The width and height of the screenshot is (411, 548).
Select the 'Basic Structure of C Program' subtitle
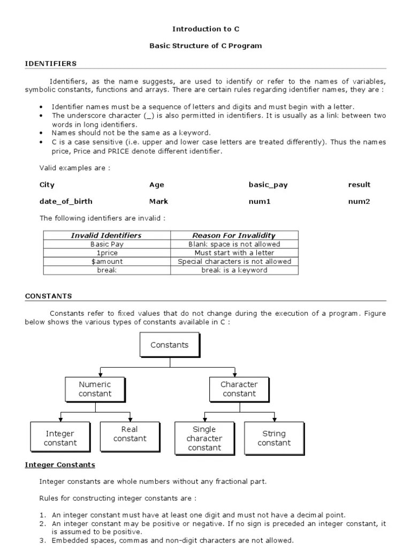[x=205, y=46]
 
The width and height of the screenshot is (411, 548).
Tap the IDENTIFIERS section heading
[x=51, y=64]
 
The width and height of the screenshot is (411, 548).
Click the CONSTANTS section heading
[x=49, y=296]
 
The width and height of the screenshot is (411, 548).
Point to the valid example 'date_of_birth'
[x=66, y=202]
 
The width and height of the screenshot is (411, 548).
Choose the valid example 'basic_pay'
[x=268, y=185]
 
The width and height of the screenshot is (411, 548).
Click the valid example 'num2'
[x=359, y=202]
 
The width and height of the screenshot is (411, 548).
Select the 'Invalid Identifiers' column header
[x=106, y=235]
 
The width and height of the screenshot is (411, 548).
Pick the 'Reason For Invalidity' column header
[x=234, y=235]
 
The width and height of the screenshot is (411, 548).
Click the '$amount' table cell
[x=106, y=262]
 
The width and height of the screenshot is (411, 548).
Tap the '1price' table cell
[x=106, y=253]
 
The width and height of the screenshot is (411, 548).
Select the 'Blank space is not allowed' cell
[x=234, y=244]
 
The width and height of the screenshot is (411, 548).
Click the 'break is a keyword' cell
[x=234, y=270]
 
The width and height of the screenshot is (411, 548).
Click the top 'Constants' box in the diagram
[x=170, y=345]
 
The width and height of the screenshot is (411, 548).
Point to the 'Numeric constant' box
[x=95, y=389]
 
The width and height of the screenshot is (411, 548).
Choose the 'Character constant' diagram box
[x=239, y=389]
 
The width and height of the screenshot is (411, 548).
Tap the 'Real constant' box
[x=130, y=434]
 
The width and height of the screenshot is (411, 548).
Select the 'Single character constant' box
[x=204, y=438]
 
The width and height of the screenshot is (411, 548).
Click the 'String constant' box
[x=274, y=438]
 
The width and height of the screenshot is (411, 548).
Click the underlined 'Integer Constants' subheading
[x=60, y=465]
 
